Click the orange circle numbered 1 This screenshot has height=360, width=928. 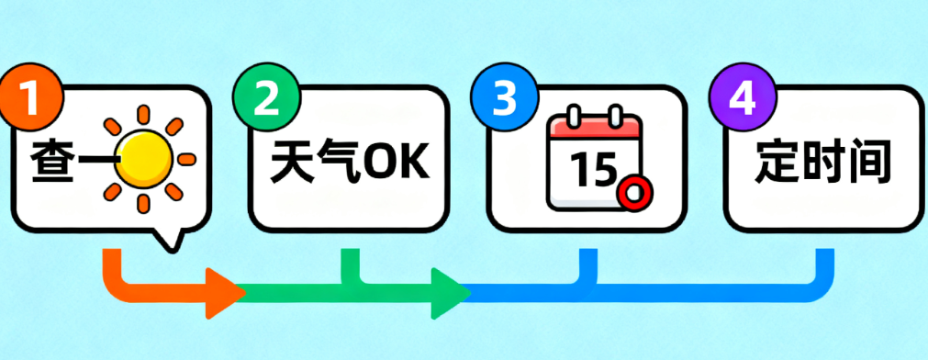click(31, 98)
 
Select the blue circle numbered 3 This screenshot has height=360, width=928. click(503, 98)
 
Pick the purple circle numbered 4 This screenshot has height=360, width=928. click(742, 98)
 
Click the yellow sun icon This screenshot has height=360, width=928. click(147, 153)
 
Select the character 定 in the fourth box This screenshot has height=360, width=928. click(777, 163)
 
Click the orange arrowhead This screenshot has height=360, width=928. click(223, 293)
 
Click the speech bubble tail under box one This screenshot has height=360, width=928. click(166, 239)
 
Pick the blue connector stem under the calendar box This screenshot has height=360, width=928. click(587, 266)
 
